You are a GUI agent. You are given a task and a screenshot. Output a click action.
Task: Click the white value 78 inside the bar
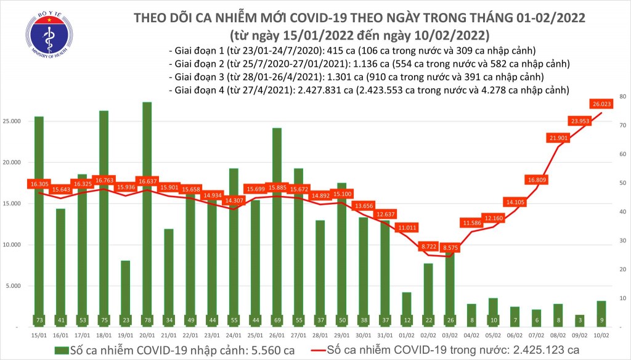click(147, 321)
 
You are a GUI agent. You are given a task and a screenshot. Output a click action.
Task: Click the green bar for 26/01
click(276, 228)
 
